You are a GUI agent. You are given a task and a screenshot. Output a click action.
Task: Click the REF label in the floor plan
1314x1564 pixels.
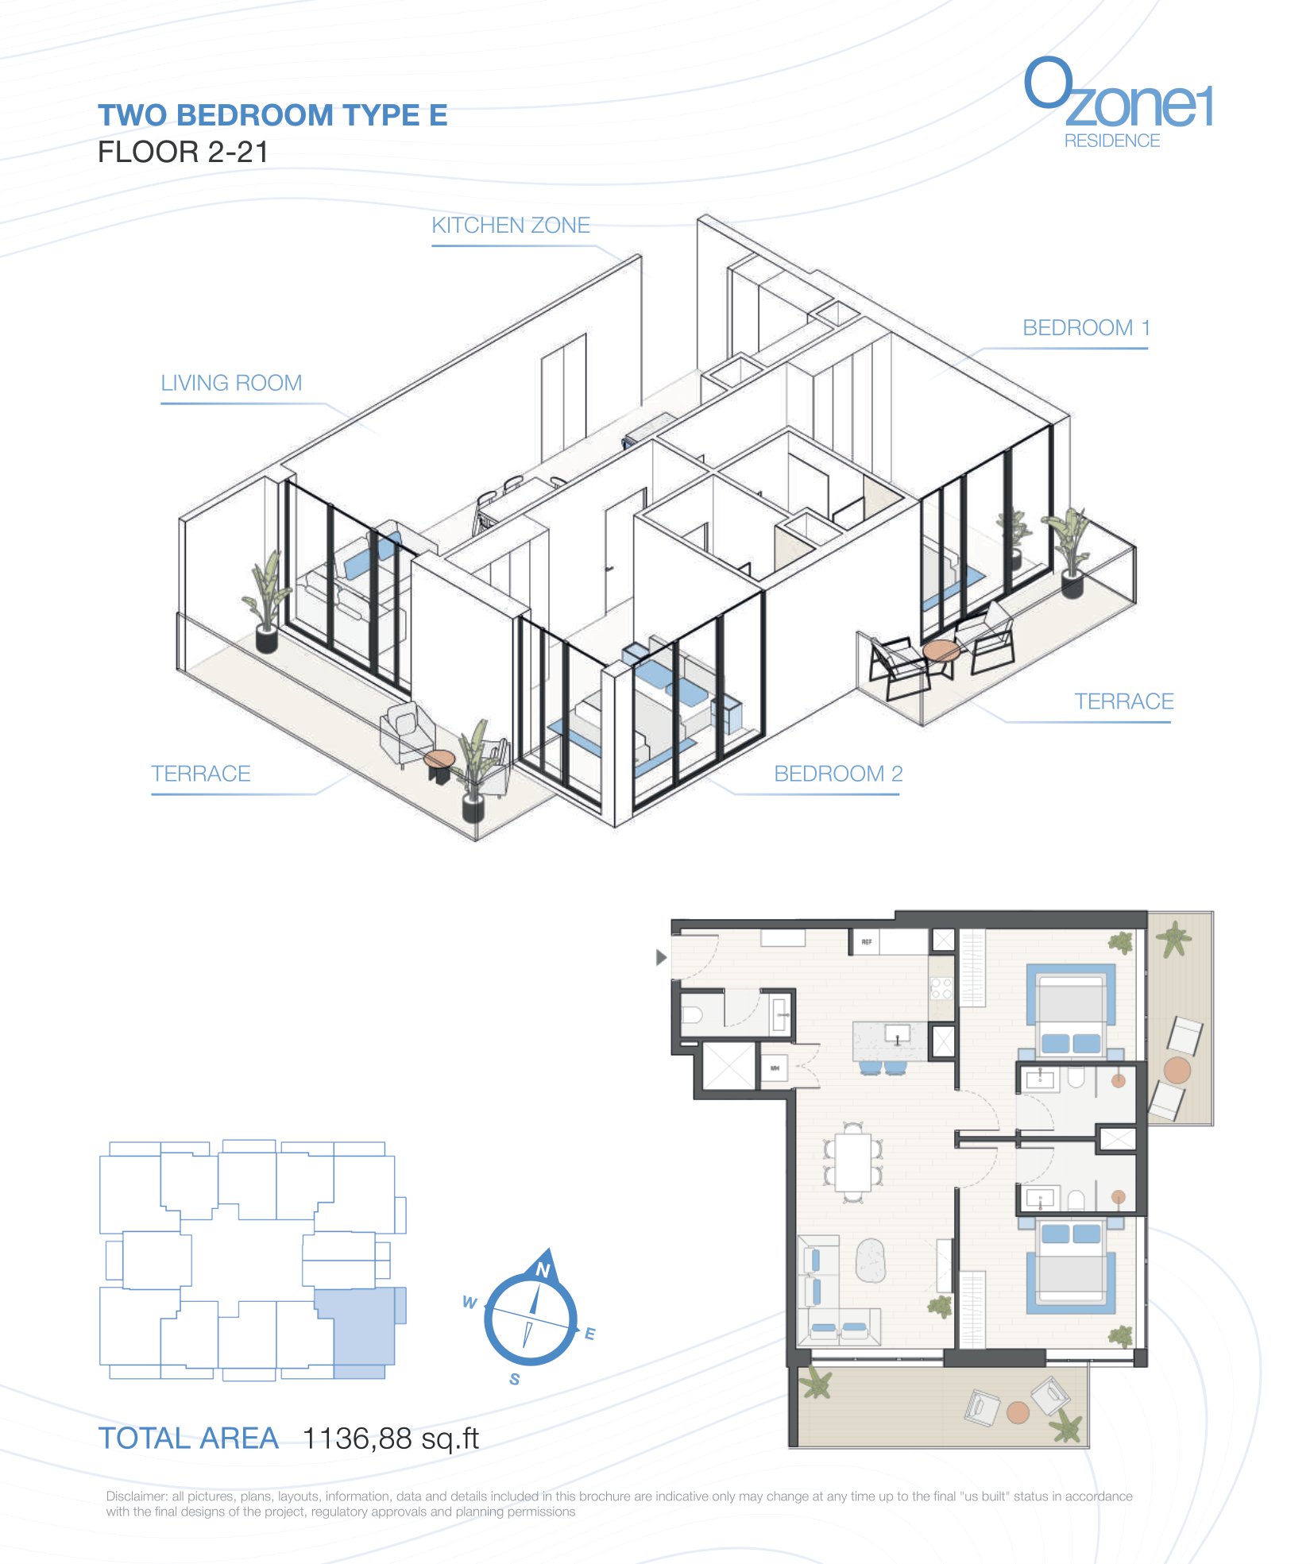tap(866, 941)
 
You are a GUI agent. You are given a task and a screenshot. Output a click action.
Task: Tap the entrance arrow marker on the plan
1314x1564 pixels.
tap(661, 957)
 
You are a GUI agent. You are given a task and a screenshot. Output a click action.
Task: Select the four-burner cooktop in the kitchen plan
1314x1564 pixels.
tap(941, 988)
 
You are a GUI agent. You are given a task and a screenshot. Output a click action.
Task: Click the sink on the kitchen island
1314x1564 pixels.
tap(898, 1035)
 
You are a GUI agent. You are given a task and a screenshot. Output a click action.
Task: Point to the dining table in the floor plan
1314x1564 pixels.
tap(853, 1161)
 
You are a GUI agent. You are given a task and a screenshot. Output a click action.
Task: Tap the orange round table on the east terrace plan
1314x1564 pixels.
tap(1177, 1069)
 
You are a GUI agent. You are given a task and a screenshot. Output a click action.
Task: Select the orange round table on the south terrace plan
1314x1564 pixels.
tap(1018, 1411)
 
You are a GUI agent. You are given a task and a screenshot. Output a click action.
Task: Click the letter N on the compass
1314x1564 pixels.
tap(543, 1269)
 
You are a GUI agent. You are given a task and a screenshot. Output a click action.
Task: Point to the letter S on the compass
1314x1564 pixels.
tap(515, 1379)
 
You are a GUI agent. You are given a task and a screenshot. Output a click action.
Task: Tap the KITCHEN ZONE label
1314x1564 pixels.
tap(511, 226)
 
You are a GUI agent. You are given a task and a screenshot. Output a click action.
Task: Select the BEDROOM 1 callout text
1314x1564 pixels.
tap(1086, 328)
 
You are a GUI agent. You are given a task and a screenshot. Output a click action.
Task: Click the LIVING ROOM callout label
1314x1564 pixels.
tap(231, 383)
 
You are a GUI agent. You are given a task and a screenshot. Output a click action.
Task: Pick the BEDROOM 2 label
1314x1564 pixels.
tap(838, 774)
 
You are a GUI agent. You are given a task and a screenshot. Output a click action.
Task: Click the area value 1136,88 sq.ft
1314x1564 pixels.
tap(391, 1438)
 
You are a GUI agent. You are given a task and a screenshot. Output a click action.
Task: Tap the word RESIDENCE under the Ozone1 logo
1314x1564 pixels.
tap(1111, 141)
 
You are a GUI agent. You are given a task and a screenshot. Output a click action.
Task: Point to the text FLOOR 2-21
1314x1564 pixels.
tap(183, 152)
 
